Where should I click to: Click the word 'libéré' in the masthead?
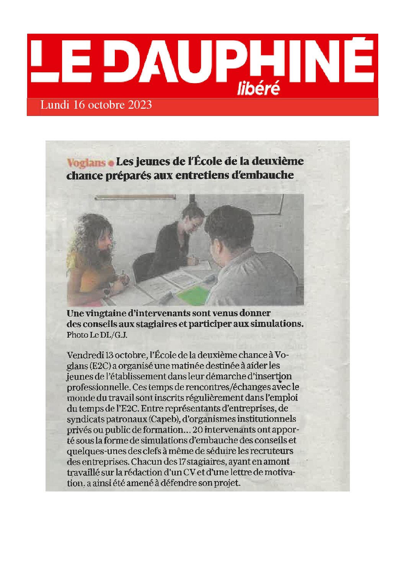(x=258, y=88)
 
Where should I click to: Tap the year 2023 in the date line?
(x=140, y=105)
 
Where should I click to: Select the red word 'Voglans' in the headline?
(x=86, y=163)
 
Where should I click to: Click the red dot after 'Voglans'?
(x=111, y=163)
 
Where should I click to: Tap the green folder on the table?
(x=193, y=295)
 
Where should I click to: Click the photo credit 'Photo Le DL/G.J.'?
(x=97, y=335)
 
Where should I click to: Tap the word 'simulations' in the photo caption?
(x=276, y=324)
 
